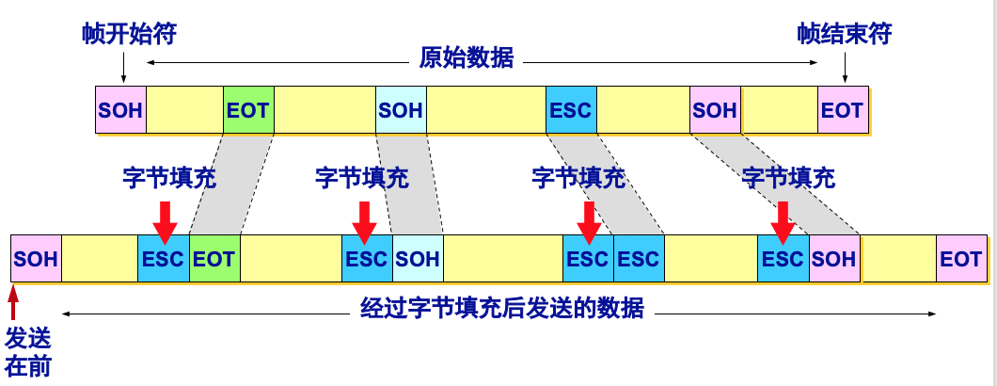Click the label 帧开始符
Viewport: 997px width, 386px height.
129,35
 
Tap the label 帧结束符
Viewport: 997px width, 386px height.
844,35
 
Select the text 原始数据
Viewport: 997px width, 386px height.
467,58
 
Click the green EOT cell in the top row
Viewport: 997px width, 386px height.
248,110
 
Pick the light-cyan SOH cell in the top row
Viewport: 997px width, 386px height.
401,110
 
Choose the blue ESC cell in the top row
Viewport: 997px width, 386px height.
571,110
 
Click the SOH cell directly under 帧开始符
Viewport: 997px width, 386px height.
120,110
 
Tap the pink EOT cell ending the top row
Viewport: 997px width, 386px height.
842,110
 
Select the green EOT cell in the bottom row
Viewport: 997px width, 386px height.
214,258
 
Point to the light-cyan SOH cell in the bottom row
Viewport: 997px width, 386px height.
418,258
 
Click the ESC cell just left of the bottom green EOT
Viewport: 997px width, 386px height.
164,258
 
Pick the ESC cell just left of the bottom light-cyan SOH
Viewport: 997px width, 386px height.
367,258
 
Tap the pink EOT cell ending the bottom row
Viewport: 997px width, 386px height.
961,258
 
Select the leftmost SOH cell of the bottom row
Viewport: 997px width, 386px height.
36,258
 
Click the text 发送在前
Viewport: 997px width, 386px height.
28,351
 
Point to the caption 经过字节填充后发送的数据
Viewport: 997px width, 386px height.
502,309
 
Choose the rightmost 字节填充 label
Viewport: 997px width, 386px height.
788,177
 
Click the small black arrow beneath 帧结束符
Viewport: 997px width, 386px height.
844,68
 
